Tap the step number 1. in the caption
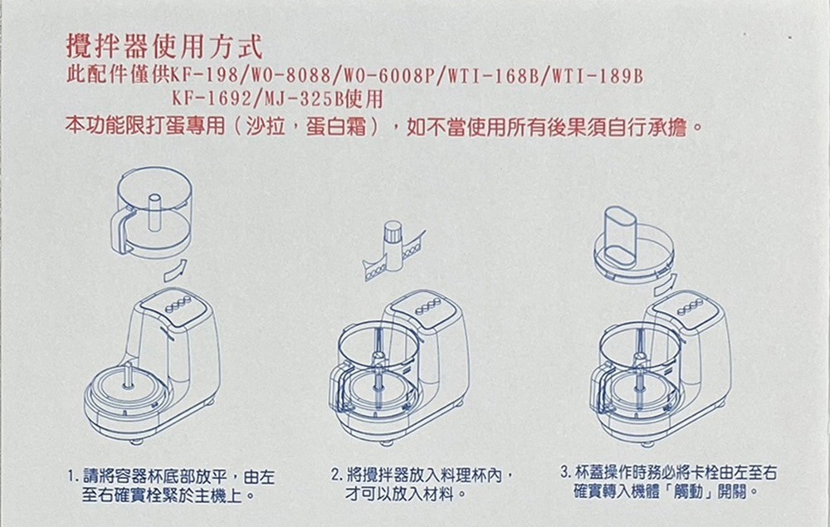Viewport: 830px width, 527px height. click(x=74, y=478)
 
